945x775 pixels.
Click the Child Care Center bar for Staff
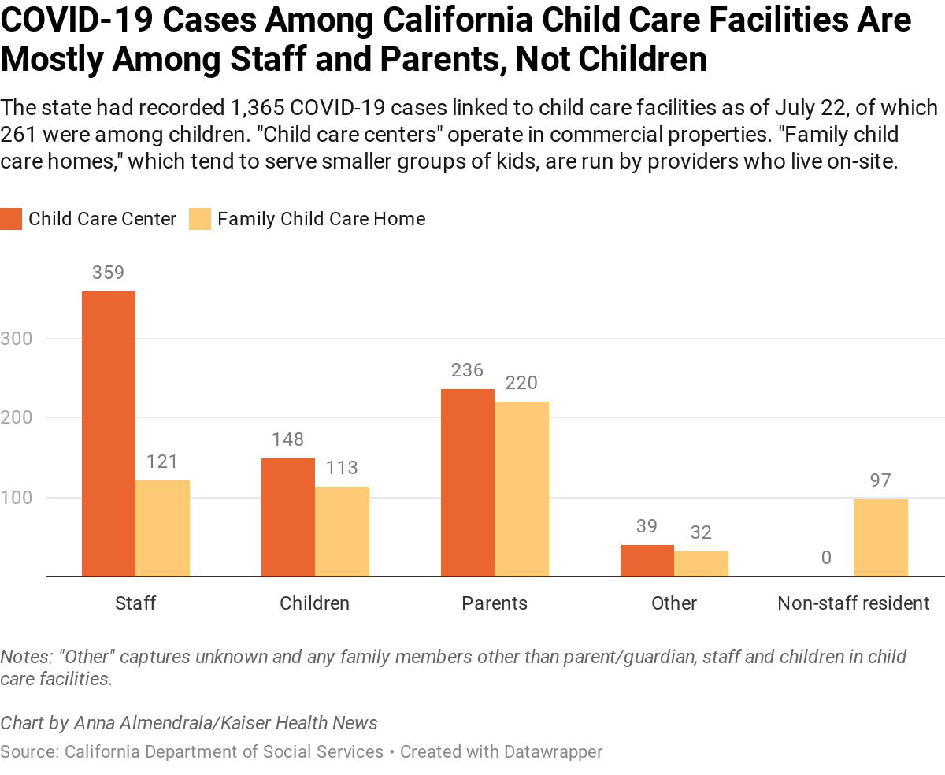(x=109, y=433)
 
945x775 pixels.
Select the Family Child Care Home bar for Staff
(x=162, y=528)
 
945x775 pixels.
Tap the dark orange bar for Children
(x=288, y=517)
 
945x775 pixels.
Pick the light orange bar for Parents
(x=521, y=488)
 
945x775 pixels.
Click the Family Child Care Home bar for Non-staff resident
(x=880, y=537)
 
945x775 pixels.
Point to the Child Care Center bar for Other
(x=647, y=560)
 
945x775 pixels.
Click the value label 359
(x=109, y=273)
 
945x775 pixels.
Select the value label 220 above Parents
(x=521, y=383)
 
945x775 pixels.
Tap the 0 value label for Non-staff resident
(x=826, y=558)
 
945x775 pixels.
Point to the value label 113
(x=342, y=468)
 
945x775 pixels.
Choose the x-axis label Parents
(x=495, y=603)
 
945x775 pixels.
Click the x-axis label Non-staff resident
(x=854, y=603)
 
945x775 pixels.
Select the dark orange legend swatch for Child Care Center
(x=11, y=219)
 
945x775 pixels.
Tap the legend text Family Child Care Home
(x=321, y=219)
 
